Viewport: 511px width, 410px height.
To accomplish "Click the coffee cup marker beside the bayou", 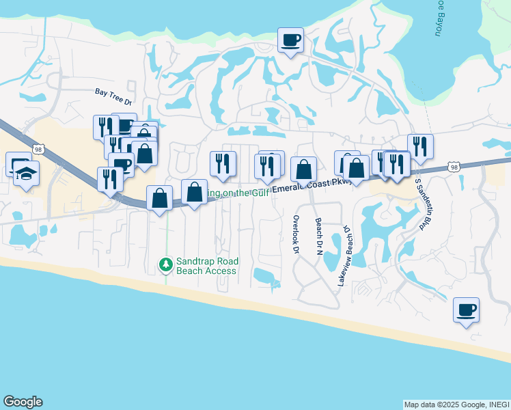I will [290, 40].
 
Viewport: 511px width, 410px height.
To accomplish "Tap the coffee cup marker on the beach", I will [466, 310].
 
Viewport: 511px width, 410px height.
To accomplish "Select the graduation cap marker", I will [26, 174].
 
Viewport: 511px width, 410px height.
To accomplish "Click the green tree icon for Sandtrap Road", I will [165, 264].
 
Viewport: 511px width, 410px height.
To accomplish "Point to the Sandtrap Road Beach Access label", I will [206, 266].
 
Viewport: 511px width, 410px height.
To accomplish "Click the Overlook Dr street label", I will [296, 235].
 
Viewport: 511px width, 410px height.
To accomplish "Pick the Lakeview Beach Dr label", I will [343, 256].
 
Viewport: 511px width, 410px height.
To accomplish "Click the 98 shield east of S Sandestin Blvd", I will [454, 167].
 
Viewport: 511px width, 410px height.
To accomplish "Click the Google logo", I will [23, 402].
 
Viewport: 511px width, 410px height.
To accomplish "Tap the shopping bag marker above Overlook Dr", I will [303, 169].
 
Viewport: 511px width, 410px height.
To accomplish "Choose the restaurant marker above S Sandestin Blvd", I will [420, 146].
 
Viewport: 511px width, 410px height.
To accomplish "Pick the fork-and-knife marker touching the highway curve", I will [110, 180].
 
